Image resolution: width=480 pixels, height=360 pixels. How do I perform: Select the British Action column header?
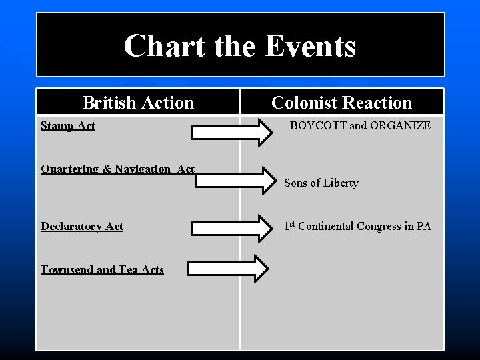(138, 103)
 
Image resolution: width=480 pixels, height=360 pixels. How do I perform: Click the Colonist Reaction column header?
(342, 103)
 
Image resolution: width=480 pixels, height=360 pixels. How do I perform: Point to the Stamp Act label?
(68, 125)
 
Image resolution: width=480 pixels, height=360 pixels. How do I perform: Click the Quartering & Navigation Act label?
(117, 169)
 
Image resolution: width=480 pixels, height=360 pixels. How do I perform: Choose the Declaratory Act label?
(82, 226)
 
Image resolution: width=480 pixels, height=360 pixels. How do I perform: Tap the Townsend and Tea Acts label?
(102, 269)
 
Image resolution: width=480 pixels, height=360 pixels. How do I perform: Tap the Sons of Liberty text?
(321, 183)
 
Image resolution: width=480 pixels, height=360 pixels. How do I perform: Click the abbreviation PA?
(423, 227)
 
